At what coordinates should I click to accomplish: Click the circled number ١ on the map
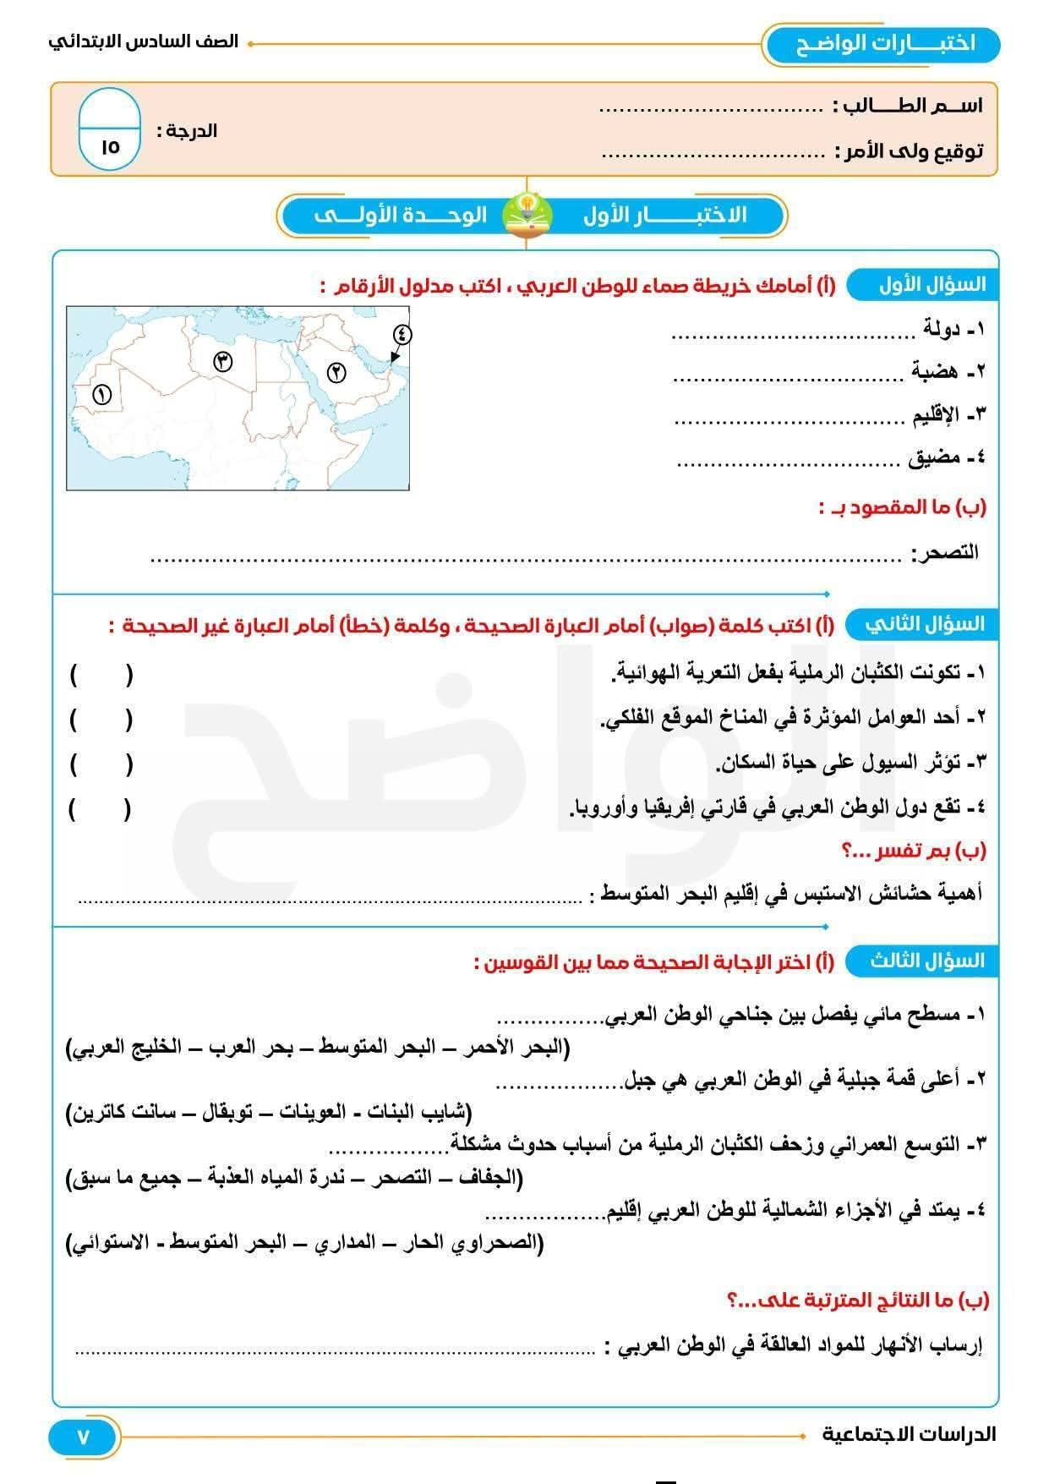click(102, 394)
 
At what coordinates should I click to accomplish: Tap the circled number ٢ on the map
click(336, 371)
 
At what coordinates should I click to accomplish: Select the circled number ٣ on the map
click(222, 362)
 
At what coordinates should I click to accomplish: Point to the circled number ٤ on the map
click(402, 334)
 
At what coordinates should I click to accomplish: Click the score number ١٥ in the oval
click(110, 146)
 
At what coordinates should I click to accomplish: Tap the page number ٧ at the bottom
click(83, 1437)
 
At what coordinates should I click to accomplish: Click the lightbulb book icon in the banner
click(527, 214)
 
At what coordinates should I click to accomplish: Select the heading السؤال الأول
click(932, 284)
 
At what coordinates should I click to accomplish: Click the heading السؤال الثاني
click(925, 624)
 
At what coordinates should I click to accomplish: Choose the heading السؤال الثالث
click(927, 961)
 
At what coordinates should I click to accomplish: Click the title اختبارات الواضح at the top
click(885, 43)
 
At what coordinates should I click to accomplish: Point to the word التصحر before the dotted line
click(944, 553)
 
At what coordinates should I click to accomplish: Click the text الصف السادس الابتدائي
click(144, 42)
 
